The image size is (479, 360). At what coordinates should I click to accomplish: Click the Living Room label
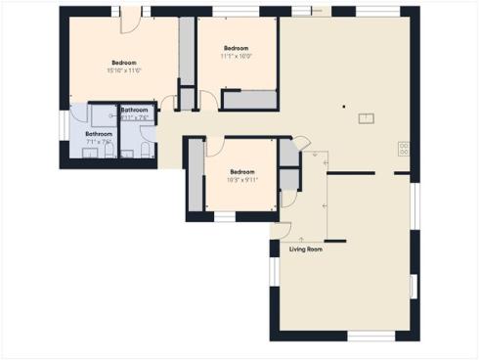pyautogui.click(x=306, y=249)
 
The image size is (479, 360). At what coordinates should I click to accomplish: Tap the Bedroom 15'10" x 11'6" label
pyautogui.click(x=124, y=66)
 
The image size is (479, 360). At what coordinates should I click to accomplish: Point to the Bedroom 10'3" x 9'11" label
pyautogui.click(x=242, y=175)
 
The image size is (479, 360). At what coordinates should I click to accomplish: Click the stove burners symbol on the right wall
pyautogui.click(x=403, y=149)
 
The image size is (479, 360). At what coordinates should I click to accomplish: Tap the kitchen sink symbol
pyautogui.click(x=366, y=119)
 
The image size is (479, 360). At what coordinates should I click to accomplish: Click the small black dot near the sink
pyautogui.click(x=343, y=106)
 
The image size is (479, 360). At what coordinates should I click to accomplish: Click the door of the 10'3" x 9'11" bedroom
pyautogui.click(x=216, y=147)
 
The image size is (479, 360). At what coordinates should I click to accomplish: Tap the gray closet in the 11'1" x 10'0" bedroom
pyautogui.click(x=249, y=99)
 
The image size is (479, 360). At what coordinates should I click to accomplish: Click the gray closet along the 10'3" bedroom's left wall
pyautogui.click(x=196, y=176)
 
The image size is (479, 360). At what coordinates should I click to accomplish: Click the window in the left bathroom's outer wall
pyautogui.click(x=64, y=125)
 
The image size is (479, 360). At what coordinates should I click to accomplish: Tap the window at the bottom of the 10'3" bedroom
pyautogui.click(x=225, y=217)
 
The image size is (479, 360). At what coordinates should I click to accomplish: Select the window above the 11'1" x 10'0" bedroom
pyautogui.click(x=231, y=11)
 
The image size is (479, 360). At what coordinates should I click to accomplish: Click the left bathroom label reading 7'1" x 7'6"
pyautogui.click(x=98, y=138)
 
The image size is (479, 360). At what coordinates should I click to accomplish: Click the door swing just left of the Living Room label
pyautogui.click(x=281, y=231)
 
